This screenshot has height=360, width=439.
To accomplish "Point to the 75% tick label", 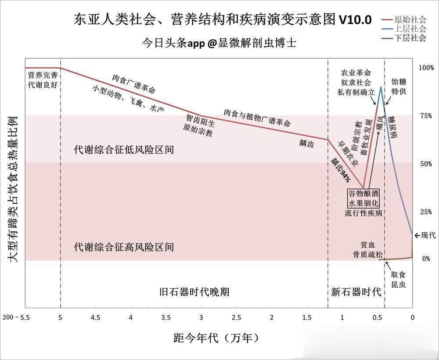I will click(x=425, y=116).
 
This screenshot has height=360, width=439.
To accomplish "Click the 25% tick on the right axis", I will click(x=425, y=212).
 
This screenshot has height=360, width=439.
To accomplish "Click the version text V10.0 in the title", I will click(x=355, y=20).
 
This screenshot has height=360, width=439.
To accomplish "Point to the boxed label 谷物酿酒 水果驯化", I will click(x=363, y=198).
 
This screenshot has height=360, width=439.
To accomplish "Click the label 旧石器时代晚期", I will click(x=194, y=292).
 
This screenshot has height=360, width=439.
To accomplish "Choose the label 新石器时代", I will click(x=356, y=292).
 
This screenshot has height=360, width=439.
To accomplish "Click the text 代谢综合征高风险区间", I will click(x=124, y=247).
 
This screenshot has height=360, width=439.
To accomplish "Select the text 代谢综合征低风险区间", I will click(x=124, y=150).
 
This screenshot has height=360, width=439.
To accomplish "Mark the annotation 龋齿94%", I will click(x=341, y=169).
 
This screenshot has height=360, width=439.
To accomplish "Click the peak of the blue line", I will click(x=381, y=87).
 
